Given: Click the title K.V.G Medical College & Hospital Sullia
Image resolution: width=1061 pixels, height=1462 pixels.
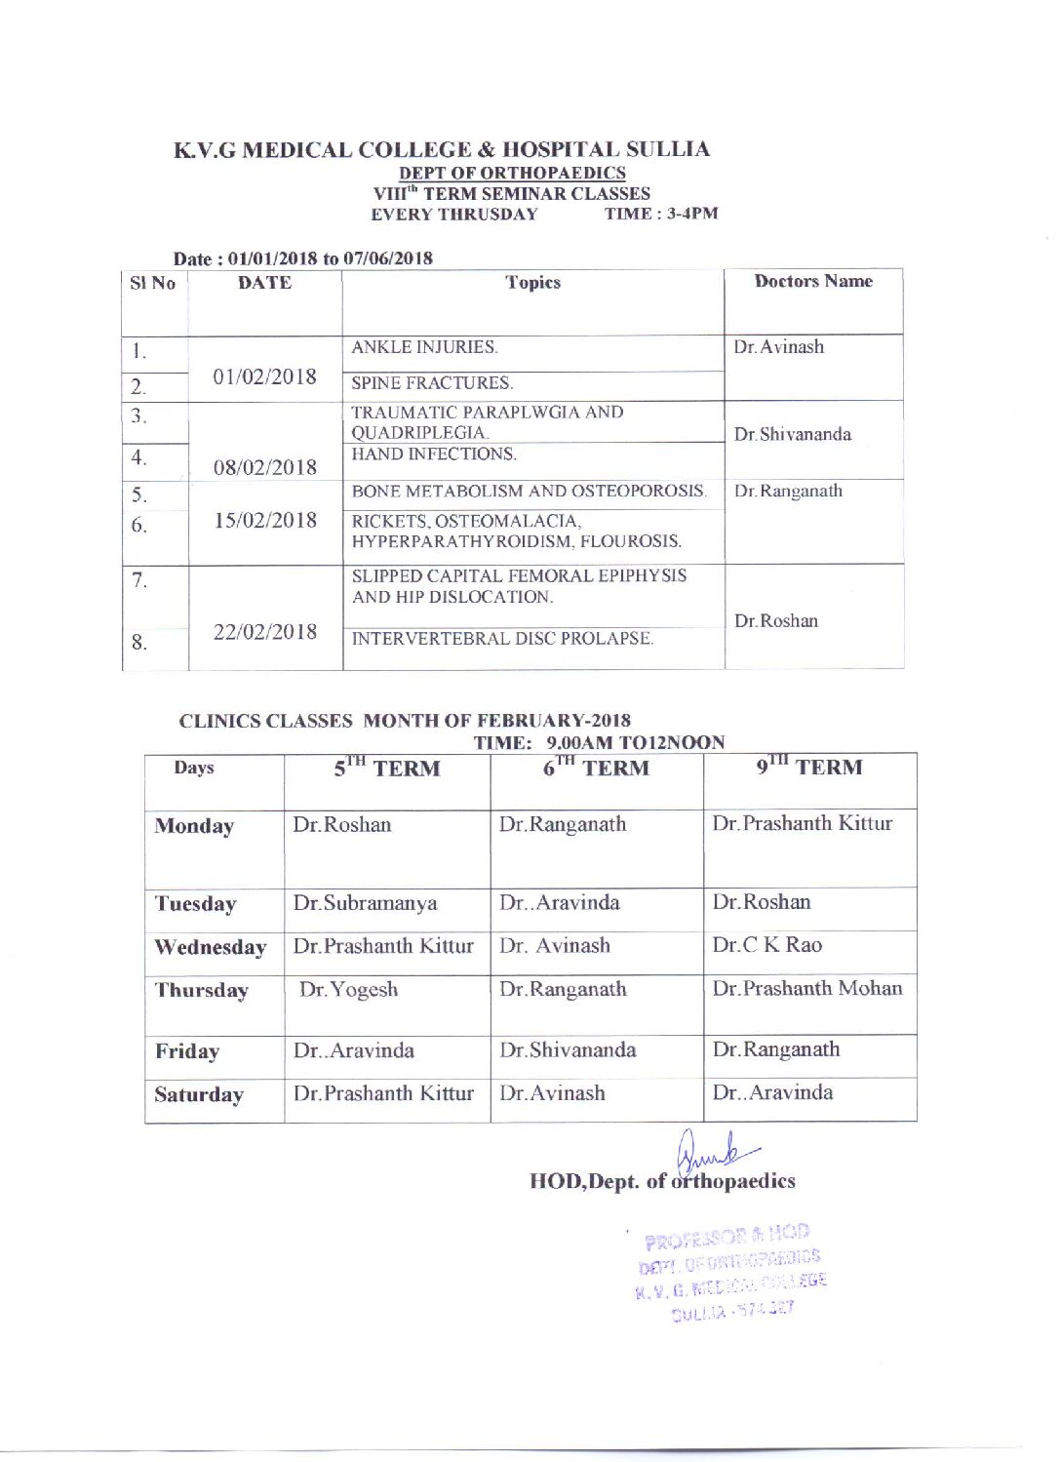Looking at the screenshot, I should coord(441,149).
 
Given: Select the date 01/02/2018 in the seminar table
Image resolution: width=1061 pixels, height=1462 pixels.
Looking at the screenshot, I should coord(264,376).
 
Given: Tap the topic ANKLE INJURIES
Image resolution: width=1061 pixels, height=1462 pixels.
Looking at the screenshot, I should coord(424,347).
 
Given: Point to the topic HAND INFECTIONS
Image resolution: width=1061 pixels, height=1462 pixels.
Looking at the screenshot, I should coord(434,454).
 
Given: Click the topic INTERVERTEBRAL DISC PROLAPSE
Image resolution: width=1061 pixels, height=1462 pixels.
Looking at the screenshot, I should coord(502,639).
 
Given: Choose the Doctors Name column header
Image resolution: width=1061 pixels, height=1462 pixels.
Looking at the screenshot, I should coord(813,282).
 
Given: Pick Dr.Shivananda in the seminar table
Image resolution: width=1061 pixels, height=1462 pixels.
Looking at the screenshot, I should coord(792,434).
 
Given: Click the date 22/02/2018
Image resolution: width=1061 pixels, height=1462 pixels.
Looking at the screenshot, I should coord(265,632).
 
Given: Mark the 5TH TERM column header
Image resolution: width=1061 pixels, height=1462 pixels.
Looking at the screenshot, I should coord(387,768).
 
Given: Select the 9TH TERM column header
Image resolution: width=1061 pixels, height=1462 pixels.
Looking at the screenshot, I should coord(809,767).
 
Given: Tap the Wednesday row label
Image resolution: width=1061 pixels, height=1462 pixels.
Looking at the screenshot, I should coord(211,947).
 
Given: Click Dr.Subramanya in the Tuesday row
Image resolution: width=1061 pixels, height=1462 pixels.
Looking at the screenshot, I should coord(365,903).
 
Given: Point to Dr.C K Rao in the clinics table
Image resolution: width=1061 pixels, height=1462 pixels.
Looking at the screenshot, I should coord(766,945).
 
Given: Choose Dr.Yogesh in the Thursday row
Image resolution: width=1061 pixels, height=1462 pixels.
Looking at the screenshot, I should coord(348,990).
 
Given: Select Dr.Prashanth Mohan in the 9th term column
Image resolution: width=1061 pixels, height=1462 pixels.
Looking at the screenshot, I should coord(806,989).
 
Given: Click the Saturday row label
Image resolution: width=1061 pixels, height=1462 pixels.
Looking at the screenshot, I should coord(199,1094).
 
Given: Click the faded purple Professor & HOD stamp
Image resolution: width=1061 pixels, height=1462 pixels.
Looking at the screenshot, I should coord(730,1273).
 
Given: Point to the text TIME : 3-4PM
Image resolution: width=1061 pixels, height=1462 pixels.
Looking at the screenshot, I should coord(661,214).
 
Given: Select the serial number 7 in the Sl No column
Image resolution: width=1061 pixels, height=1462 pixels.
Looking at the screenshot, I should coord(139,581).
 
